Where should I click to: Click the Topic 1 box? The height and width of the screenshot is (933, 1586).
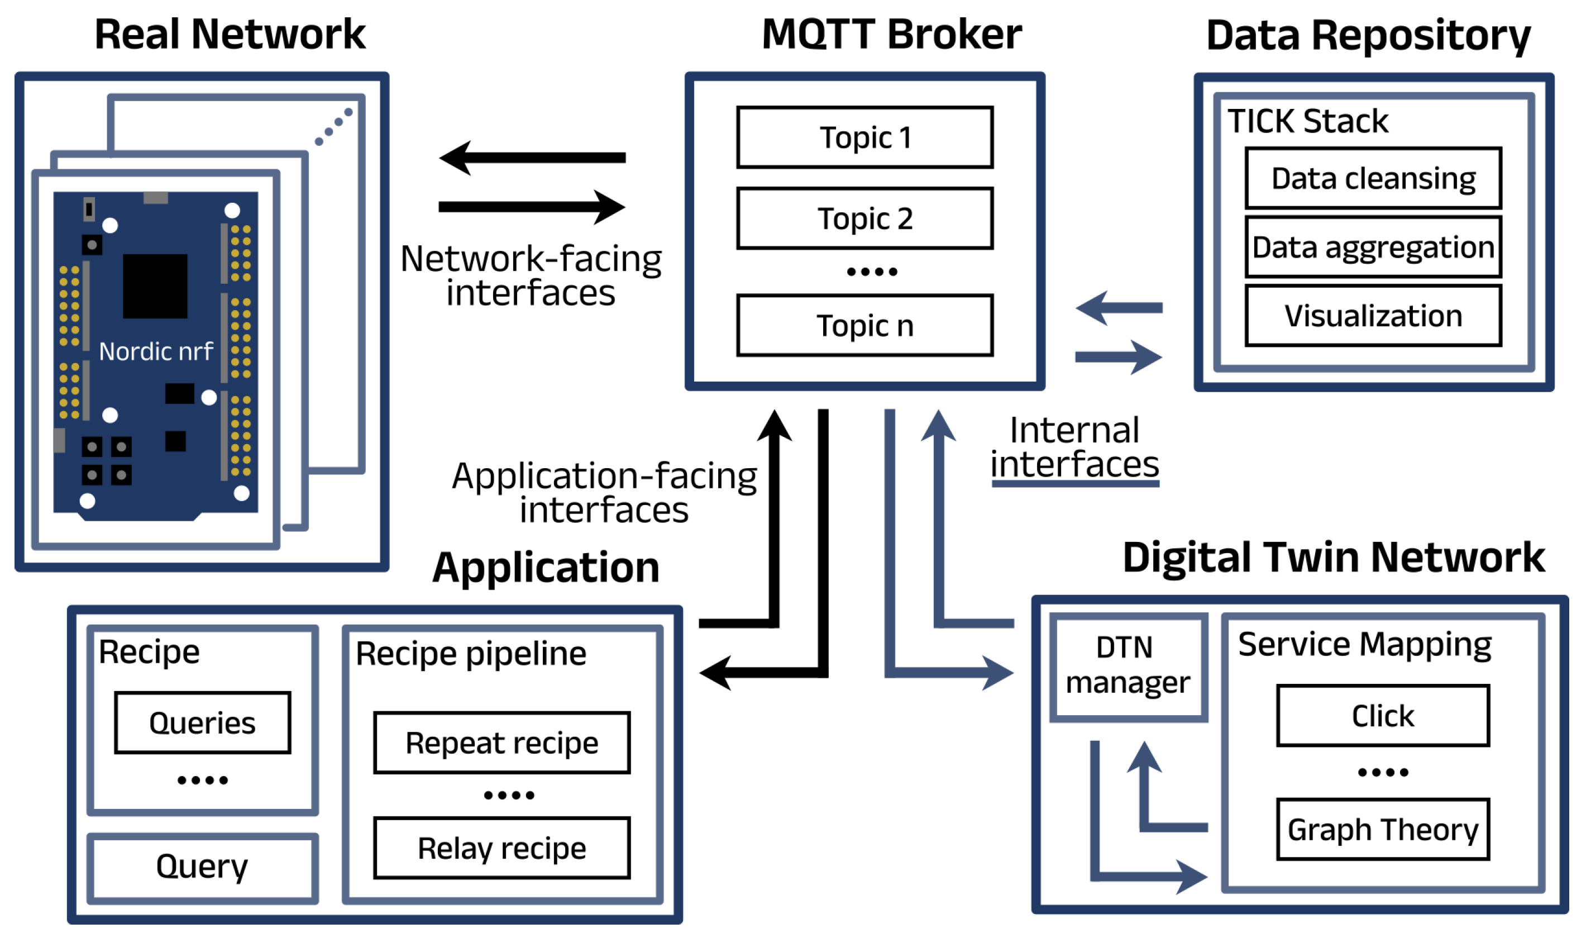[864, 137]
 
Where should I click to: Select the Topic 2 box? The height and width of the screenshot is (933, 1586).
[864, 218]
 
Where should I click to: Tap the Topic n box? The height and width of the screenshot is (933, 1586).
[864, 326]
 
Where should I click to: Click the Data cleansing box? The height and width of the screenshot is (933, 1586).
[1373, 178]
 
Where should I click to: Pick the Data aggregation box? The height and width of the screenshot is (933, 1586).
[1373, 247]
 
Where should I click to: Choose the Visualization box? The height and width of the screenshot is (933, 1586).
[1373, 316]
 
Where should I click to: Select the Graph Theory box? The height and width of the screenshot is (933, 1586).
[1383, 829]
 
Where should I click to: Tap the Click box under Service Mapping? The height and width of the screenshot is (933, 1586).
[1383, 716]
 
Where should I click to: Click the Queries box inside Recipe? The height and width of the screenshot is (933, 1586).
[203, 723]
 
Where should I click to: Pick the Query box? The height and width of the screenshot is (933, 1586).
[203, 868]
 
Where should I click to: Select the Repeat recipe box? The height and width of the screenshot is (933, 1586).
[501, 743]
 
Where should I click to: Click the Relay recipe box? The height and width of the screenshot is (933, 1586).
[501, 848]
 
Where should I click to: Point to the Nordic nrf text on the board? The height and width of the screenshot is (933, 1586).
[156, 351]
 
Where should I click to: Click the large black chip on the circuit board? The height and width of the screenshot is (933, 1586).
[155, 286]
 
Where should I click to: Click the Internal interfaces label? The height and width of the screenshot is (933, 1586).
[1074, 448]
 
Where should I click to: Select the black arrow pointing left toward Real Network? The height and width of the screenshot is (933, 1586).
[532, 158]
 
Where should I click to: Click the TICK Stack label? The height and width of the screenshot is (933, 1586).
[1308, 121]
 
